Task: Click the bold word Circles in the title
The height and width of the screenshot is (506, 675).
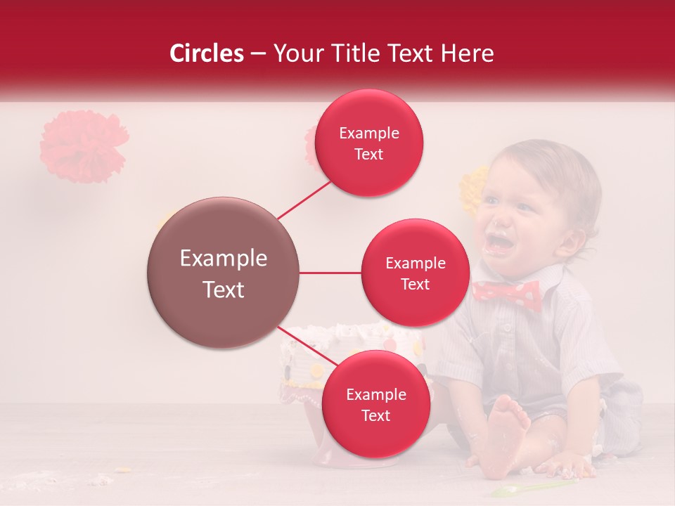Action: point(206,53)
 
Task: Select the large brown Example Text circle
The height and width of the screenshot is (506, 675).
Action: point(223,273)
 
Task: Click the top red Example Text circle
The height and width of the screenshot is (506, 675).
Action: point(368,143)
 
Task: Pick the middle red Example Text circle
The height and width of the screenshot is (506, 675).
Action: point(415,273)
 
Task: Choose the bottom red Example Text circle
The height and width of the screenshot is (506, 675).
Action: point(375,404)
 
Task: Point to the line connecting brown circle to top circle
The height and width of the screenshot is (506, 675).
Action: point(304,200)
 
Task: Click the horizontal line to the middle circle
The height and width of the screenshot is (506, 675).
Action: point(330,273)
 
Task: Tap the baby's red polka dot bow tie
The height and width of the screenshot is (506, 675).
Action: point(507,293)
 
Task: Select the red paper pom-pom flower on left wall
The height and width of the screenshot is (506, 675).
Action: point(84,145)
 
